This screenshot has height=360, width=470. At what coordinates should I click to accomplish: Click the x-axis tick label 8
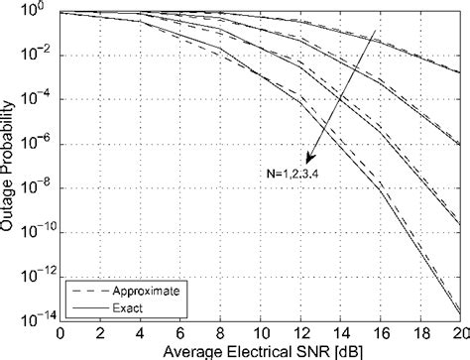click(x=220, y=333)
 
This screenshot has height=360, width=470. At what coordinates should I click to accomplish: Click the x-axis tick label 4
click(x=140, y=333)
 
